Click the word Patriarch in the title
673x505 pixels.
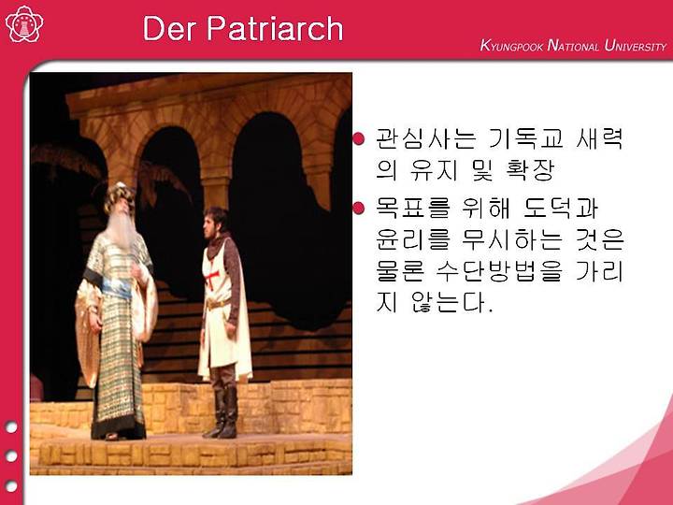coord(275,28)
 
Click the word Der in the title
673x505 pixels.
coord(171,28)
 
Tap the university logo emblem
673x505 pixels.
coord(24,24)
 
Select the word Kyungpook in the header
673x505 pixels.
coord(511,46)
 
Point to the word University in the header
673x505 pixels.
coord(636,46)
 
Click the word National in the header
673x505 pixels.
coord(573,46)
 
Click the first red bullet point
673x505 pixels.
coord(358,138)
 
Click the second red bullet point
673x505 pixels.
coord(358,209)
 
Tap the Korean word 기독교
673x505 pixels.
coord(526,138)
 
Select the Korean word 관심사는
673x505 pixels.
coord(425,138)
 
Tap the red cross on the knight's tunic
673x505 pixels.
coord(212,279)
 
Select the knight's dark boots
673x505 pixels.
coord(222,412)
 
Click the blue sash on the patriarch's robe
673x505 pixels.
coord(115,287)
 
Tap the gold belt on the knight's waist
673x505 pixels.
coord(217,305)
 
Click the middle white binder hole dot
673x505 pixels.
coord(11,456)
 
